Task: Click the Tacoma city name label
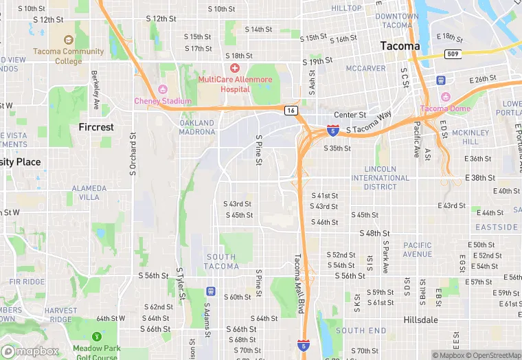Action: (400, 46)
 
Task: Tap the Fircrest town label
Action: (96, 127)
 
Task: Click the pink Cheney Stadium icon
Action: (163, 89)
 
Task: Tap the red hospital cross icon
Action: (235, 68)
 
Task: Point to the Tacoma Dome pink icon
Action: (445, 97)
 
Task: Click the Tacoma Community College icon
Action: (68, 41)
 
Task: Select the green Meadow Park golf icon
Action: (97, 337)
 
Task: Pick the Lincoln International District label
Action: (380, 178)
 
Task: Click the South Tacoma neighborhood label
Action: (221, 262)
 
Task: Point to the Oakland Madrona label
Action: (197, 127)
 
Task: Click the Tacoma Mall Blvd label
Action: (298, 275)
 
